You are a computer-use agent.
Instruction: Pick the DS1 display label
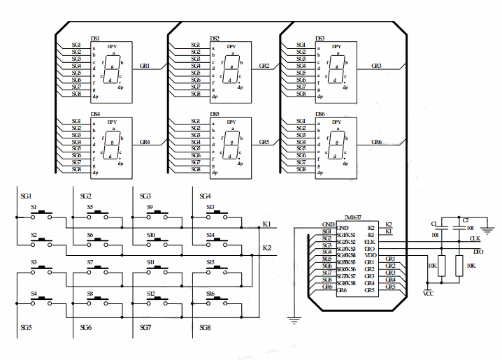point(96,38)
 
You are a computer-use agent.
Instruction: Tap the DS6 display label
point(320,113)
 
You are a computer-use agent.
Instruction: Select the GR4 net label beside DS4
point(145,142)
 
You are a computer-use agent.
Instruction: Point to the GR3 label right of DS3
point(376,66)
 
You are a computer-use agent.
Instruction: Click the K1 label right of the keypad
point(267,224)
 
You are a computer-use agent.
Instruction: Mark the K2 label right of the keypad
point(267,248)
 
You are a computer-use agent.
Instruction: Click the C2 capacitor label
point(466,220)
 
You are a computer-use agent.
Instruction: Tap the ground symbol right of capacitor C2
point(488,228)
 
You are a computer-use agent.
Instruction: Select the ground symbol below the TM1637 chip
point(294,320)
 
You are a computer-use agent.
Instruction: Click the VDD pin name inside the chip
point(370,255)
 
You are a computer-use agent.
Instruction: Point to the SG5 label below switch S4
point(27,327)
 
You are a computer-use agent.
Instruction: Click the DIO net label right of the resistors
point(478,252)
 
